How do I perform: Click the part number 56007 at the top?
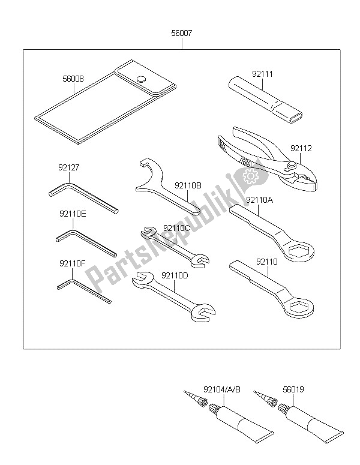(x=182, y=35)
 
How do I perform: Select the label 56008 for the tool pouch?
(x=73, y=78)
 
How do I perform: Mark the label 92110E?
(x=73, y=214)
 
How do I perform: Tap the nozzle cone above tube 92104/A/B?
(x=192, y=398)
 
